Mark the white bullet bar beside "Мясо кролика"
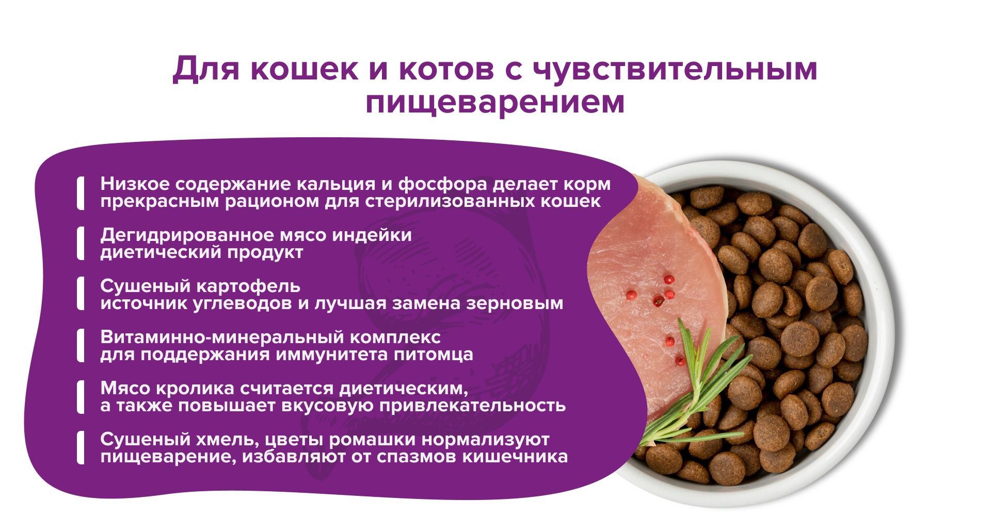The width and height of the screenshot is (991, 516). [x=81, y=396]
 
